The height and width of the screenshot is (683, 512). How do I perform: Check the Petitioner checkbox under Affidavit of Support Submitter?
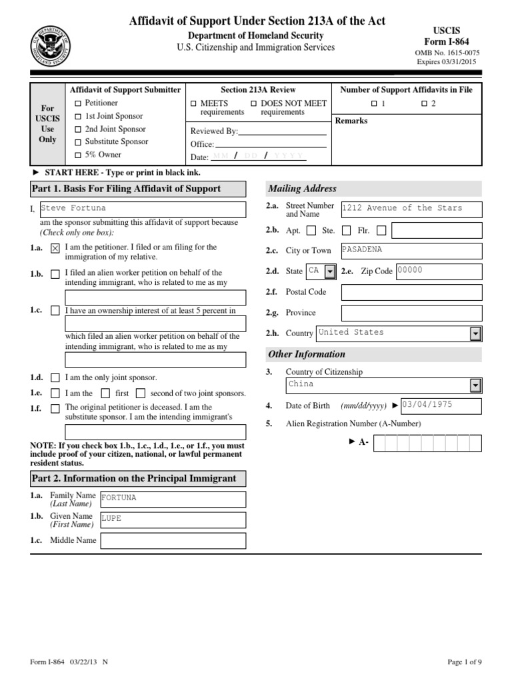[78, 103]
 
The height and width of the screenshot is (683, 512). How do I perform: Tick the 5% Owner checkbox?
[78, 155]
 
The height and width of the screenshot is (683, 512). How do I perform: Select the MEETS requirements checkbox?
[193, 103]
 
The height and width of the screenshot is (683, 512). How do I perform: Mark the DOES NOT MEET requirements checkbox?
[253, 103]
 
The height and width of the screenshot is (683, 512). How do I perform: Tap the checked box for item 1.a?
[55, 247]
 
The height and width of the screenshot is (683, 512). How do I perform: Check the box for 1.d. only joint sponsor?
[55, 378]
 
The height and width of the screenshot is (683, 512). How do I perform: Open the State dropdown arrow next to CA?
[329, 271]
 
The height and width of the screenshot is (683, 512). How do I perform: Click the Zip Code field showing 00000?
[438, 271]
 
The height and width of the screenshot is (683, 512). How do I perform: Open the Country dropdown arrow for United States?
[475, 333]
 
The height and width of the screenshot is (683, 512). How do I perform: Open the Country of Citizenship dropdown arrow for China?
[475, 385]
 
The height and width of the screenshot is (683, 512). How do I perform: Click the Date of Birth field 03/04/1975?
[440, 406]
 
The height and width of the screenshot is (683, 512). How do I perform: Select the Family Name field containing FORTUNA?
[172, 498]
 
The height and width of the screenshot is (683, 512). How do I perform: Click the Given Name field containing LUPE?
[172, 519]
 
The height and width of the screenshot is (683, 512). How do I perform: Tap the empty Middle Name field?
[172, 540]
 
